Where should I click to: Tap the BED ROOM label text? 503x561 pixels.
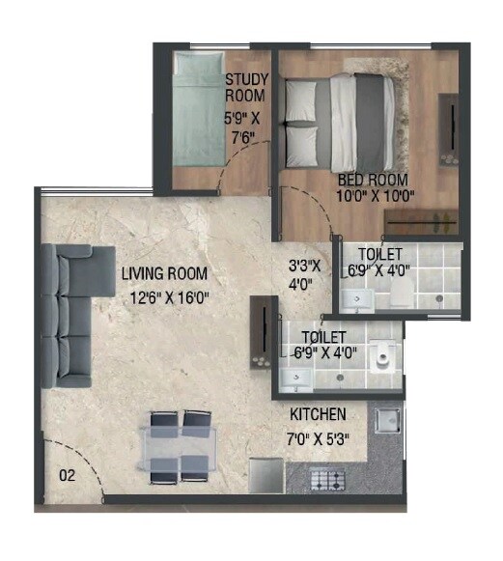(373, 180)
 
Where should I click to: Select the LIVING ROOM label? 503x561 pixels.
(164, 273)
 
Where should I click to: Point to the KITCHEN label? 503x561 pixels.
(318, 414)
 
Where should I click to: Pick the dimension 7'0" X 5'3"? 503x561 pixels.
(319, 437)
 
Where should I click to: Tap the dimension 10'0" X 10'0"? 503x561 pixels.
(375, 196)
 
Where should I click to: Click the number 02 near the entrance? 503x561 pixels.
(67, 474)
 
